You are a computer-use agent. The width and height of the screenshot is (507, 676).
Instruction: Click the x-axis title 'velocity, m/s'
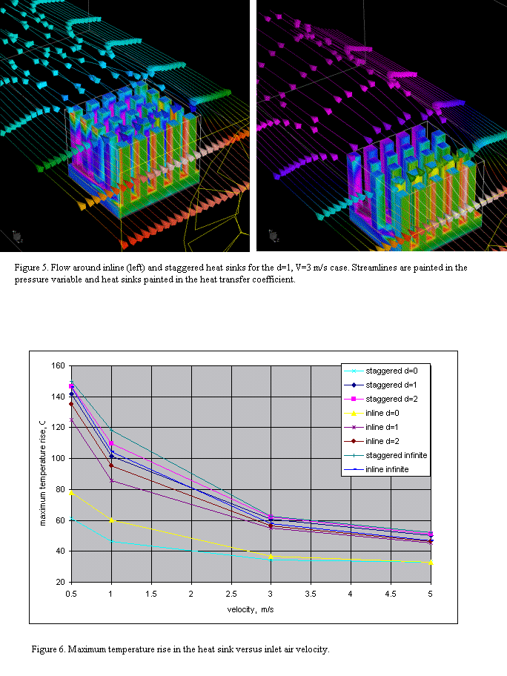251,610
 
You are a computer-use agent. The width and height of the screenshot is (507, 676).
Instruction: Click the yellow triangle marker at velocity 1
112,520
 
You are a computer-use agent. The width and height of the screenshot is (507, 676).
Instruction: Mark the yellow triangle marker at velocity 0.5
72,492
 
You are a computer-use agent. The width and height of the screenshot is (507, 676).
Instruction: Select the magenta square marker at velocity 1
112,444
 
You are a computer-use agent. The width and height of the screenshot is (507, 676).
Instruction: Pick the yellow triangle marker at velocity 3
271,556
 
